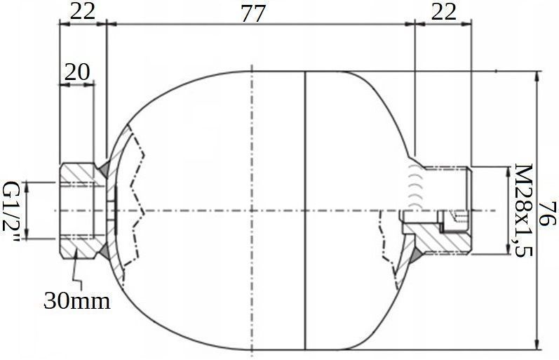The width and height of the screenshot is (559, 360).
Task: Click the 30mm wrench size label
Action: coord(77,301)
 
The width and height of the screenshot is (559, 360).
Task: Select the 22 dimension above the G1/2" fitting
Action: coord(81,11)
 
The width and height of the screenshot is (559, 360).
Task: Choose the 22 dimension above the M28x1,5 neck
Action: coord(443,11)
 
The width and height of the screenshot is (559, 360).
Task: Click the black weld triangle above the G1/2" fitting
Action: coord(103,168)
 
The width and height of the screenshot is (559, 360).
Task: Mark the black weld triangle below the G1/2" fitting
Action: coord(103,251)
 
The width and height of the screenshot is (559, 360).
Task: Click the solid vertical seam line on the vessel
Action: coord(306,211)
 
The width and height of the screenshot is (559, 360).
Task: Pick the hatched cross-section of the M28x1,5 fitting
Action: coord(442,239)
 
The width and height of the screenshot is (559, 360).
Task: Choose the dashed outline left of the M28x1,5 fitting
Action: coord(385,242)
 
